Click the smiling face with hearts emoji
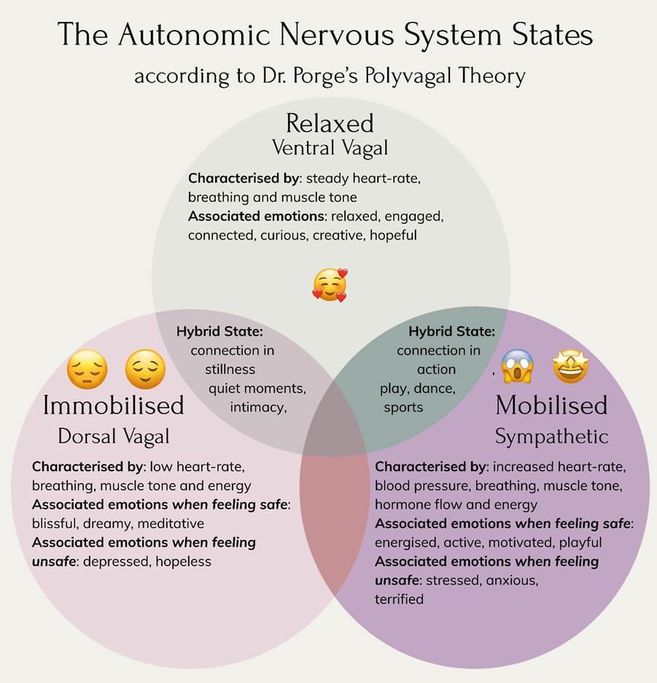(x=330, y=285)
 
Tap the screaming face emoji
(x=517, y=366)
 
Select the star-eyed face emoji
(x=571, y=366)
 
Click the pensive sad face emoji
(x=88, y=369)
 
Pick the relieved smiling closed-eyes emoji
(x=145, y=369)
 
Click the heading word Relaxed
(x=330, y=123)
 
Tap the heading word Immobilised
(x=113, y=405)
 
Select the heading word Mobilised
(x=551, y=405)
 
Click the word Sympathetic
(x=551, y=436)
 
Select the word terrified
(x=399, y=599)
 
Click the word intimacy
(x=257, y=407)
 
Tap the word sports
(x=403, y=407)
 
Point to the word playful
(x=579, y=542)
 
